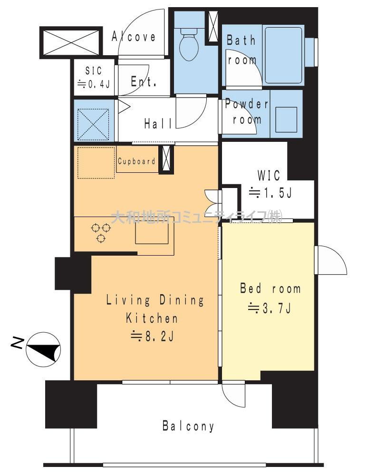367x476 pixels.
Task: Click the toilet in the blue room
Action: pos(189,43)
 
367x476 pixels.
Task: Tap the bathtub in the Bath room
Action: pos(284,56)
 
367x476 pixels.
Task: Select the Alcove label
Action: pos(134,37)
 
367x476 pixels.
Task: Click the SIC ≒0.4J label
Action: pos(94,77)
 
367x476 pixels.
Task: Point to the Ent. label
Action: pos(144,81)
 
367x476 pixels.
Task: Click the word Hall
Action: pos(158,124)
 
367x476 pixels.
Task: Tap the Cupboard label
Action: pos(136,161)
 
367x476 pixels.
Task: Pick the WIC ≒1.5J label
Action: pos(270,184)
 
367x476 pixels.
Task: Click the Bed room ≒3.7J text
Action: pos(270,298)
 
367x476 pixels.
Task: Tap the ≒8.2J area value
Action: pos(152,337)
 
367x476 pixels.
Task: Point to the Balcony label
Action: pos(188,426)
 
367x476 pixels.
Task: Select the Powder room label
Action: pos(247,112)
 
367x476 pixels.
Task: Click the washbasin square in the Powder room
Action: pos(286,119)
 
